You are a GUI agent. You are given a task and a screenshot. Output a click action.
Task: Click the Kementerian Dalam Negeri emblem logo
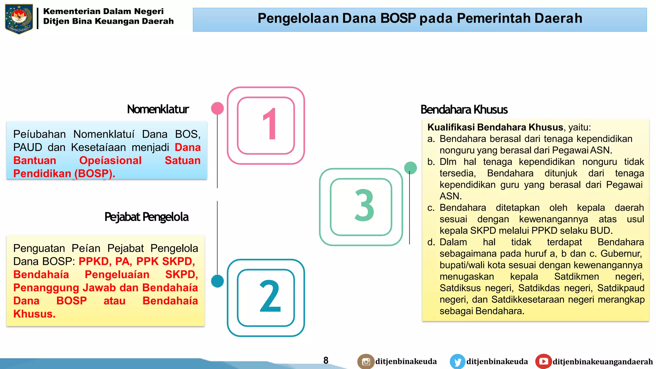[x=19, y=19]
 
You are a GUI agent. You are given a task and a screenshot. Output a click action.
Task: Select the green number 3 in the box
[x=364, y=206]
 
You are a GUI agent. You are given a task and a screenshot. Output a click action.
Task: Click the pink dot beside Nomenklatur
[x=217, y=108]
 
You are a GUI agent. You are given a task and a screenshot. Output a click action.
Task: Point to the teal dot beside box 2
[x=217, y=281]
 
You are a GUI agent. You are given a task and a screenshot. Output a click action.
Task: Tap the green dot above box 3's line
[x=410, y=168]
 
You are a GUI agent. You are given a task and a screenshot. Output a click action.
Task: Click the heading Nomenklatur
[x=158, y=109]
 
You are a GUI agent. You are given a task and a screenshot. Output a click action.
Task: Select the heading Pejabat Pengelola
[x=146, y=217]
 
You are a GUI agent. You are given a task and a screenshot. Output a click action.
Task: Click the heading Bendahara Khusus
[x=464, y=110]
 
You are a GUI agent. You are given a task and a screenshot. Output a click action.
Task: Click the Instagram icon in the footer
[x=366, y=362]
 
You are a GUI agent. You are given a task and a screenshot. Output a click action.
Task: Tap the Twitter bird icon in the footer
[x=457, y=362]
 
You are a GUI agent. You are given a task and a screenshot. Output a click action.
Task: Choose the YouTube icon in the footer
[x=543, y=361]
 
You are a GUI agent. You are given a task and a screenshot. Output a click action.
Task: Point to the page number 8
[x=326, y=360]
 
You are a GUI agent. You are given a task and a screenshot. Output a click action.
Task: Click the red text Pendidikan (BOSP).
[x=64, y=174]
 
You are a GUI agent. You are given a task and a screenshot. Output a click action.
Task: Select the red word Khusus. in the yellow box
[x=34, y=314]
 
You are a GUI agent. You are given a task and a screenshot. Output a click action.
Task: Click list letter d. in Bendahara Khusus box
[x=431, y=242]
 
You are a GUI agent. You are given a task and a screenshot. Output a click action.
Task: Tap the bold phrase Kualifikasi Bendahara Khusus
[x=495, y=127]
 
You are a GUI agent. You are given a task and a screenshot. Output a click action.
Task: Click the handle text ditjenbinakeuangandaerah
[x=602, y=362]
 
